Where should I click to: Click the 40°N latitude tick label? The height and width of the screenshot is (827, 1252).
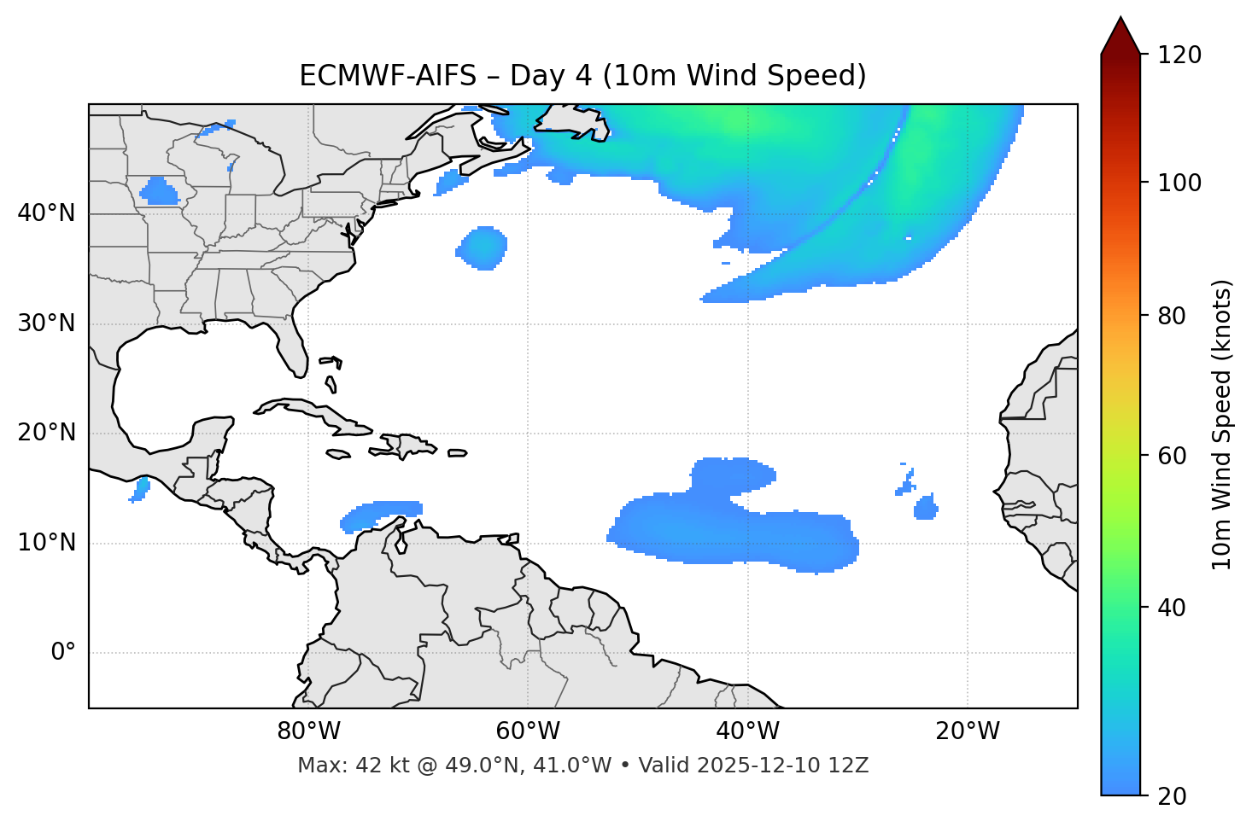pyautogui.click(x=46, y=213)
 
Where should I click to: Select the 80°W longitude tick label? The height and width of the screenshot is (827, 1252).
pyautogui.click(x=308, y=731)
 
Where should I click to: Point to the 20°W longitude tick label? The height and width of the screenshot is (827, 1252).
pyautogui.click(x=968, y=731)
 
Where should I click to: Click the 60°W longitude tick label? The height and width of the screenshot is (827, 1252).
pyautogui.click(x=528, y=731)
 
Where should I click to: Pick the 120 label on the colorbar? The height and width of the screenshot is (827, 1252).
pyautogui.click(x=1180, y=55)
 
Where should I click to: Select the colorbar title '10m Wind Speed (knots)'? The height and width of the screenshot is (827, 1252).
pyautogui.click(x=1222, y=424)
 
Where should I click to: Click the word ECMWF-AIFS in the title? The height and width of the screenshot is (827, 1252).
pyautogui.click(x=388, y=76)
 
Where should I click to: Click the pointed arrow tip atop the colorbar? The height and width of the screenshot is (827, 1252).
pyautogui.click(x=1120, y=21)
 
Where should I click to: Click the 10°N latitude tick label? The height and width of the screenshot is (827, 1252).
pyautogui.click(x=46, y=543)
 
